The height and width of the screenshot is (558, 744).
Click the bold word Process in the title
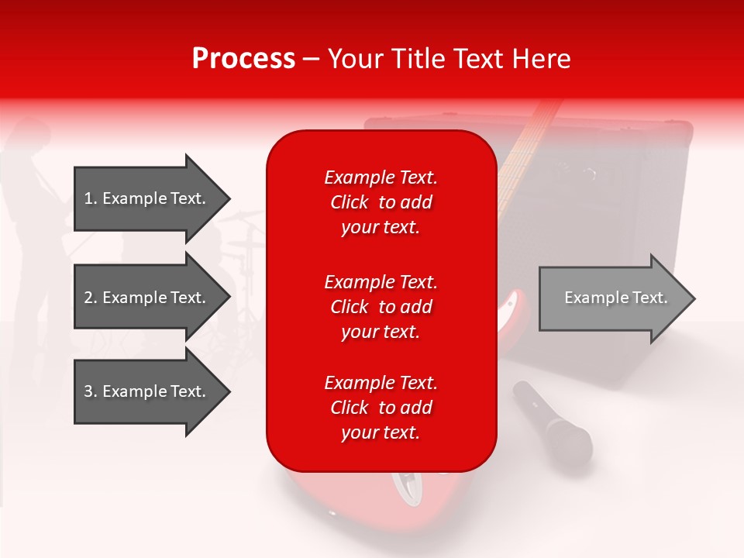pyautogui.click(x=243, y=59)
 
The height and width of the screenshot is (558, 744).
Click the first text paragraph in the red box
pyautogui.click(x=381, y=202)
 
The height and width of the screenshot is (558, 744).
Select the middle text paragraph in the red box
pyautogui.click(x=381, y=307)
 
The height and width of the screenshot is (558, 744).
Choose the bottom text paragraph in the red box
pyautogui.click(x=381, y=408)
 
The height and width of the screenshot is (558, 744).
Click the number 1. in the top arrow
pyautogui.click(x=91, y=198)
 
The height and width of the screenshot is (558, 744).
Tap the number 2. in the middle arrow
pyautogui.click(x=91, y=298)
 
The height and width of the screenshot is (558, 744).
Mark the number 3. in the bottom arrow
pyautogui.click(x=91, y=391)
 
